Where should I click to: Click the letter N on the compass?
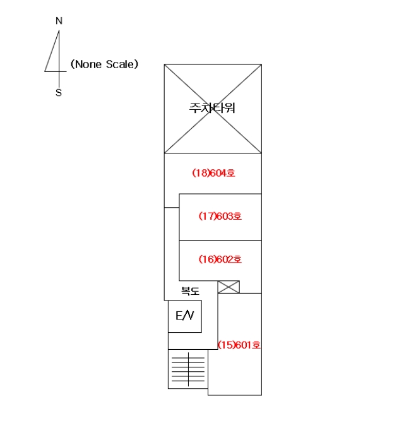click(59, 21)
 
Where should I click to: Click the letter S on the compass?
click(59, 92)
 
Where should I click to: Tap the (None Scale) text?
click(104, 64)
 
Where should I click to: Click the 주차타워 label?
click(212, 108)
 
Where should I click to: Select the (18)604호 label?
click(213, 173)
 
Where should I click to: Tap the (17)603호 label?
click(220, 216)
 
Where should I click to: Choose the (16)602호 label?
click(220, 259)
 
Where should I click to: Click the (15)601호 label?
click(239, 345)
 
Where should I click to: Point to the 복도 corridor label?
click(190, 290)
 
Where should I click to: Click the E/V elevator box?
click(185, 316)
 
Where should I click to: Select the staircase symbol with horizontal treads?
click(188, 369)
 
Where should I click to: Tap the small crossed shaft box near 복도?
click(229, 287)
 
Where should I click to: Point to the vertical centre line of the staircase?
click(188, 369)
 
